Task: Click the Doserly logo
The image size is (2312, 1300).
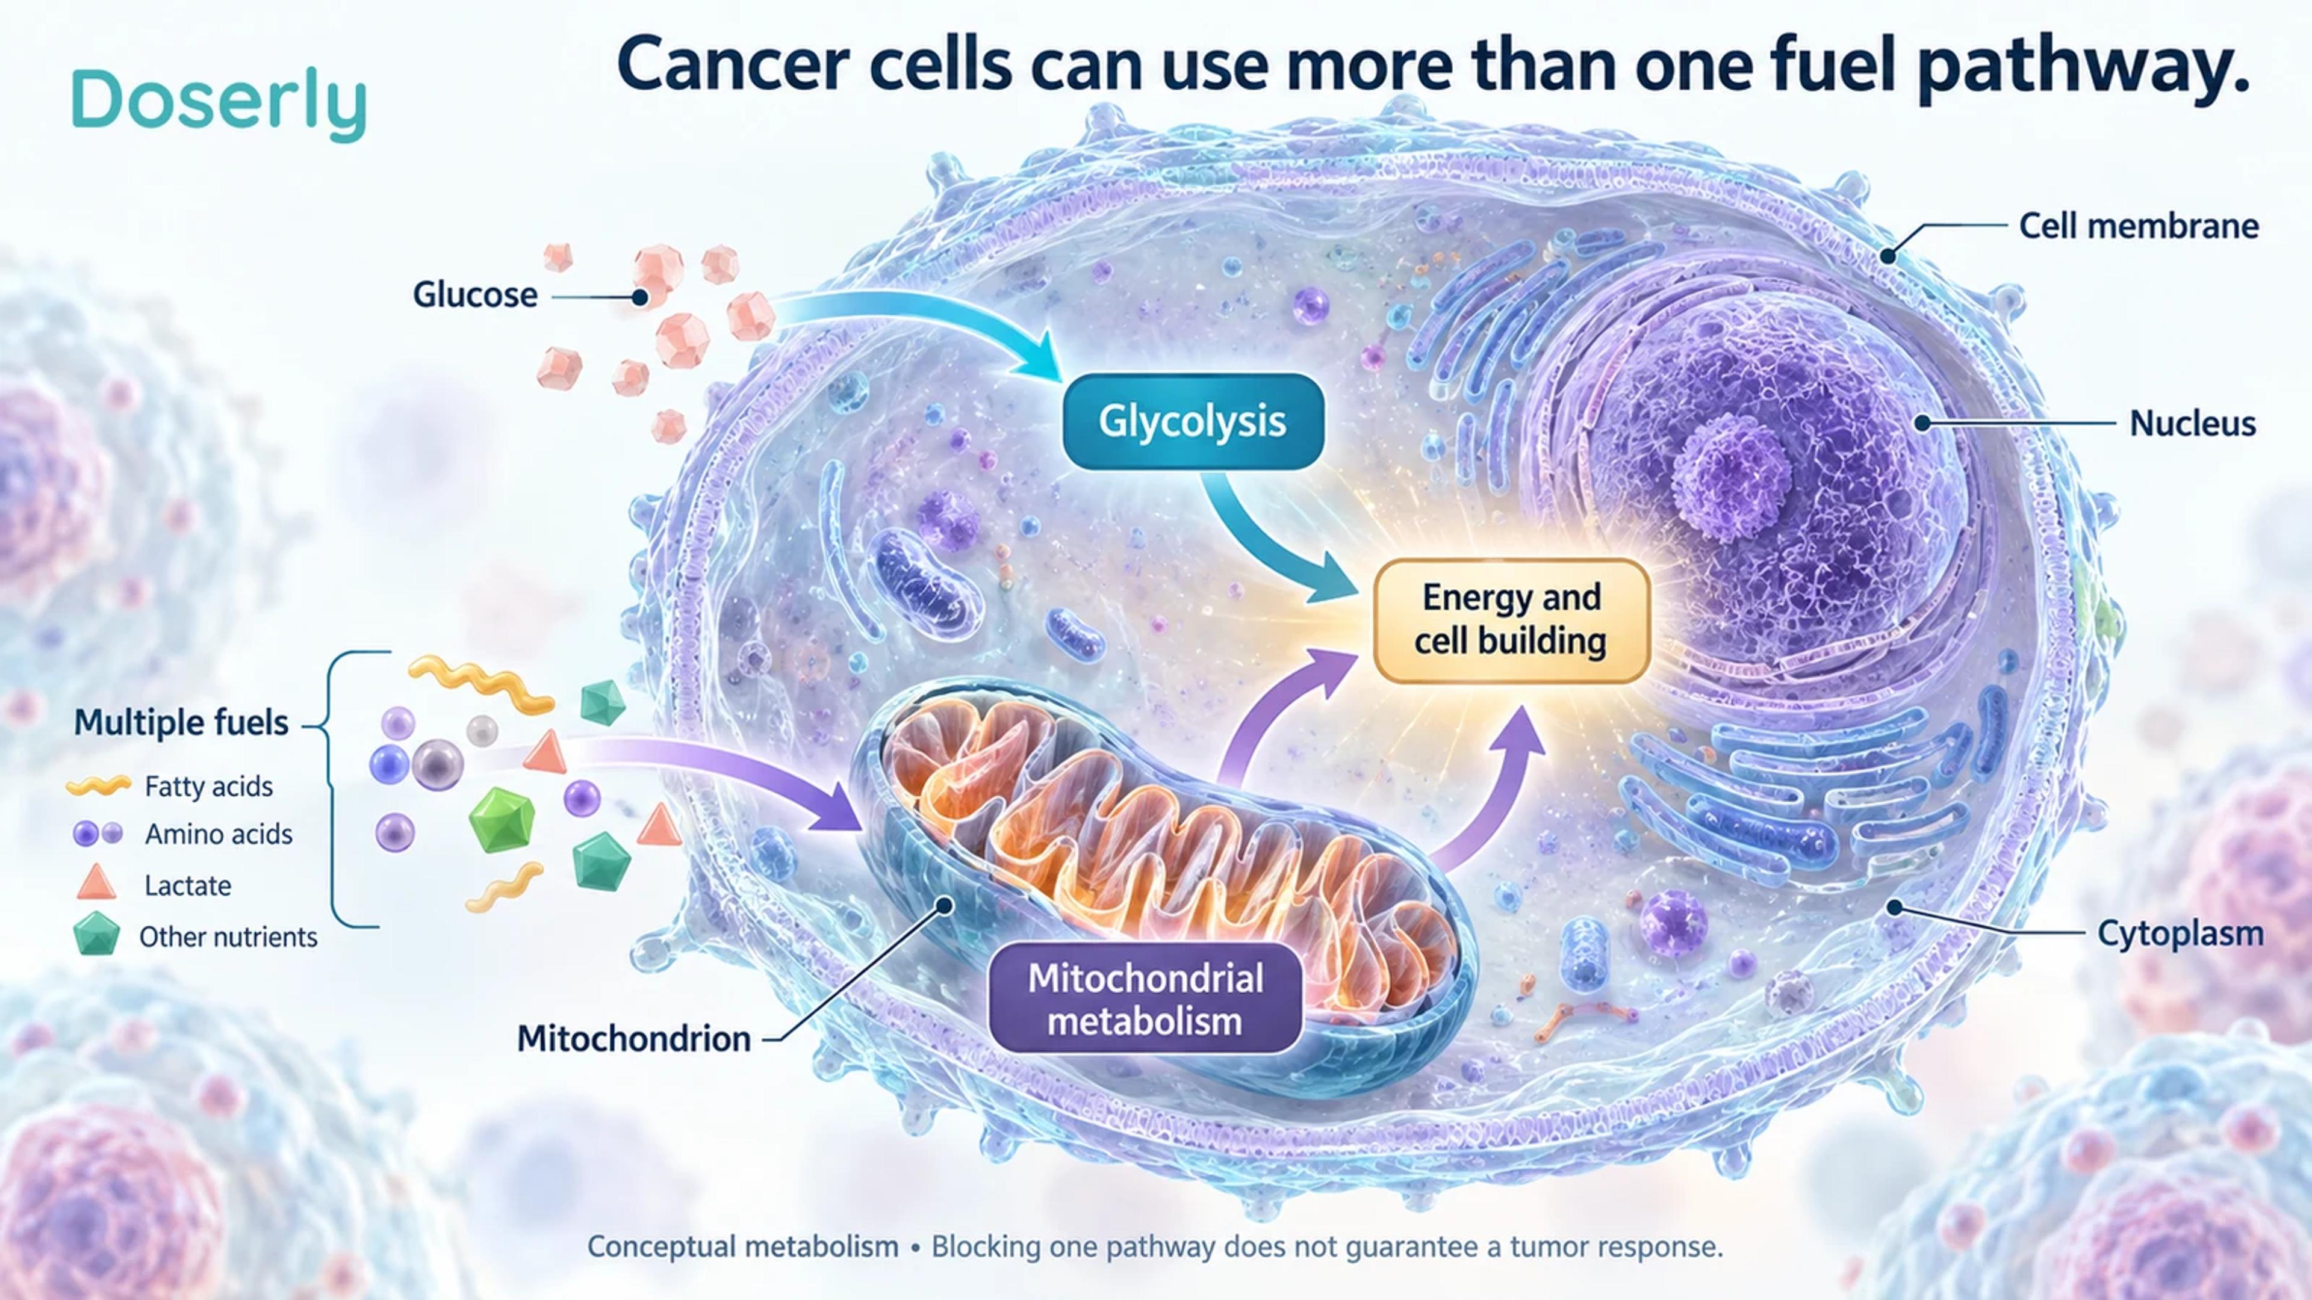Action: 219,104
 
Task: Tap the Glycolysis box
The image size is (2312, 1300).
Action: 1193,422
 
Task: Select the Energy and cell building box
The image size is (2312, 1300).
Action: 1511,620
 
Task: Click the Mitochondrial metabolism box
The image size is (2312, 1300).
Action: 1145,998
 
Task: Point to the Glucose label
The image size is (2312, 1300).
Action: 475,294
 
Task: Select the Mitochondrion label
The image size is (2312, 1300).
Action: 633,1038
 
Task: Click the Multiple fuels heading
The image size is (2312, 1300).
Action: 181,722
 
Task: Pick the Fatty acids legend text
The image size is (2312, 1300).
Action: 208,787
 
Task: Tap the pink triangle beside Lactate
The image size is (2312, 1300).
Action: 96,883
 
